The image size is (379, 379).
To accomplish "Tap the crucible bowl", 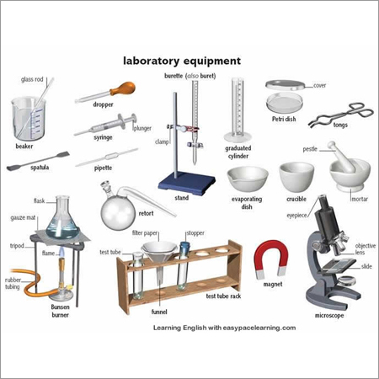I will pos(295,178).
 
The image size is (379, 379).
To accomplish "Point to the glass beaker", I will pos(27,119).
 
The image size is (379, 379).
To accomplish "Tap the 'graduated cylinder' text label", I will pos(238,153).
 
